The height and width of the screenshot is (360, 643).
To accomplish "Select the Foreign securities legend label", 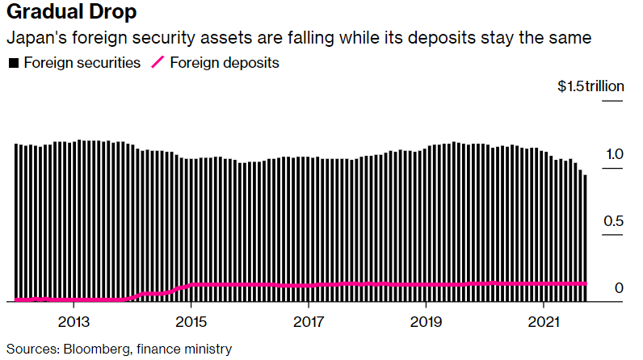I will tap(82, 63).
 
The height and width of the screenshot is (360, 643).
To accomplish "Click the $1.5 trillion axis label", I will tap(590, 87).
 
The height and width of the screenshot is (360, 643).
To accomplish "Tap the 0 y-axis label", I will tap(618, 288).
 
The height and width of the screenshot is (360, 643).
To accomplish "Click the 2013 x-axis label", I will tap(74, 321).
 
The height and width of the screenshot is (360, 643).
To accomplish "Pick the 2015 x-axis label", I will tap(191, 321).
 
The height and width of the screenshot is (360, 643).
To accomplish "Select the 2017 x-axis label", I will tap(308, 321).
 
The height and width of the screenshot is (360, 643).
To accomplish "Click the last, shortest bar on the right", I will tap(585, 238).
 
